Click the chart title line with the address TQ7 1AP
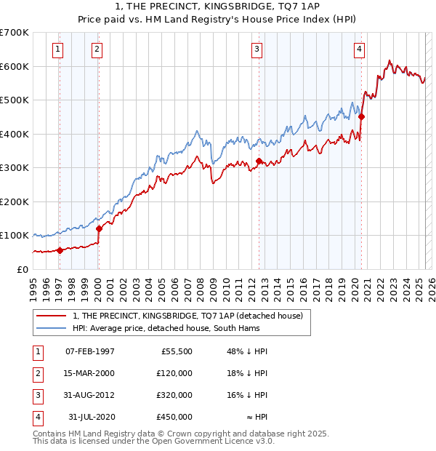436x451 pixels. click(x=217, y=7)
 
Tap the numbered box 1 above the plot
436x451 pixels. click(x=57, y=49)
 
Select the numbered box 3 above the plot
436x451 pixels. click(x=257, y=49)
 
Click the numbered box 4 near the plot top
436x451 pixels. click(x=359, y=49)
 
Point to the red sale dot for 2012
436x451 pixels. click(x=259, y=161)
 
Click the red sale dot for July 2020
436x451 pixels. click(x=361, y=116)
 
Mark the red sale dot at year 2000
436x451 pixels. click(x=99, y=228)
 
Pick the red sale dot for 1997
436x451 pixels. click(x=60, y=250)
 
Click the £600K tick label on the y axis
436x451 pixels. click(x=14, y=66)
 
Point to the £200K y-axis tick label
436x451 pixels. click(x=14, y=201)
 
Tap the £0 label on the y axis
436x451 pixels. click(x=21, y=269)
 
